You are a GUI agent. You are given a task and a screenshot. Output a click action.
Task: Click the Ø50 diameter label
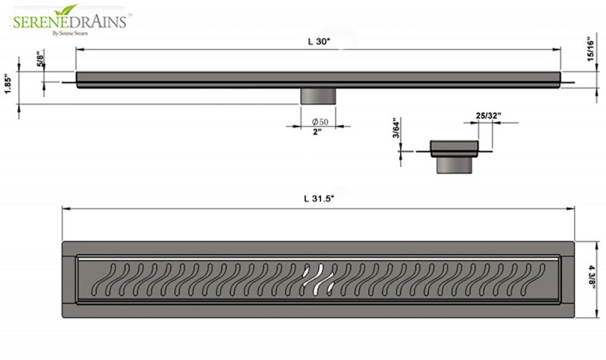pyautogui.click(x=319, y=122)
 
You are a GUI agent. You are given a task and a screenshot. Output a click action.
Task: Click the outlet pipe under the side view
pyautogui.click(x=318, y=96)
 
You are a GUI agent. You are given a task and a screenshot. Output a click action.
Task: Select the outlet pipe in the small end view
pyautogui.click(x=454, y=165)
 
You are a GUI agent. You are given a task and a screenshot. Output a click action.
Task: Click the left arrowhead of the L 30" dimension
pyautogui.click(x=79, y=49)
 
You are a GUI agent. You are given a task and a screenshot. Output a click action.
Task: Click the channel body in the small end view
pyautogui.click(x=454, y=148)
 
